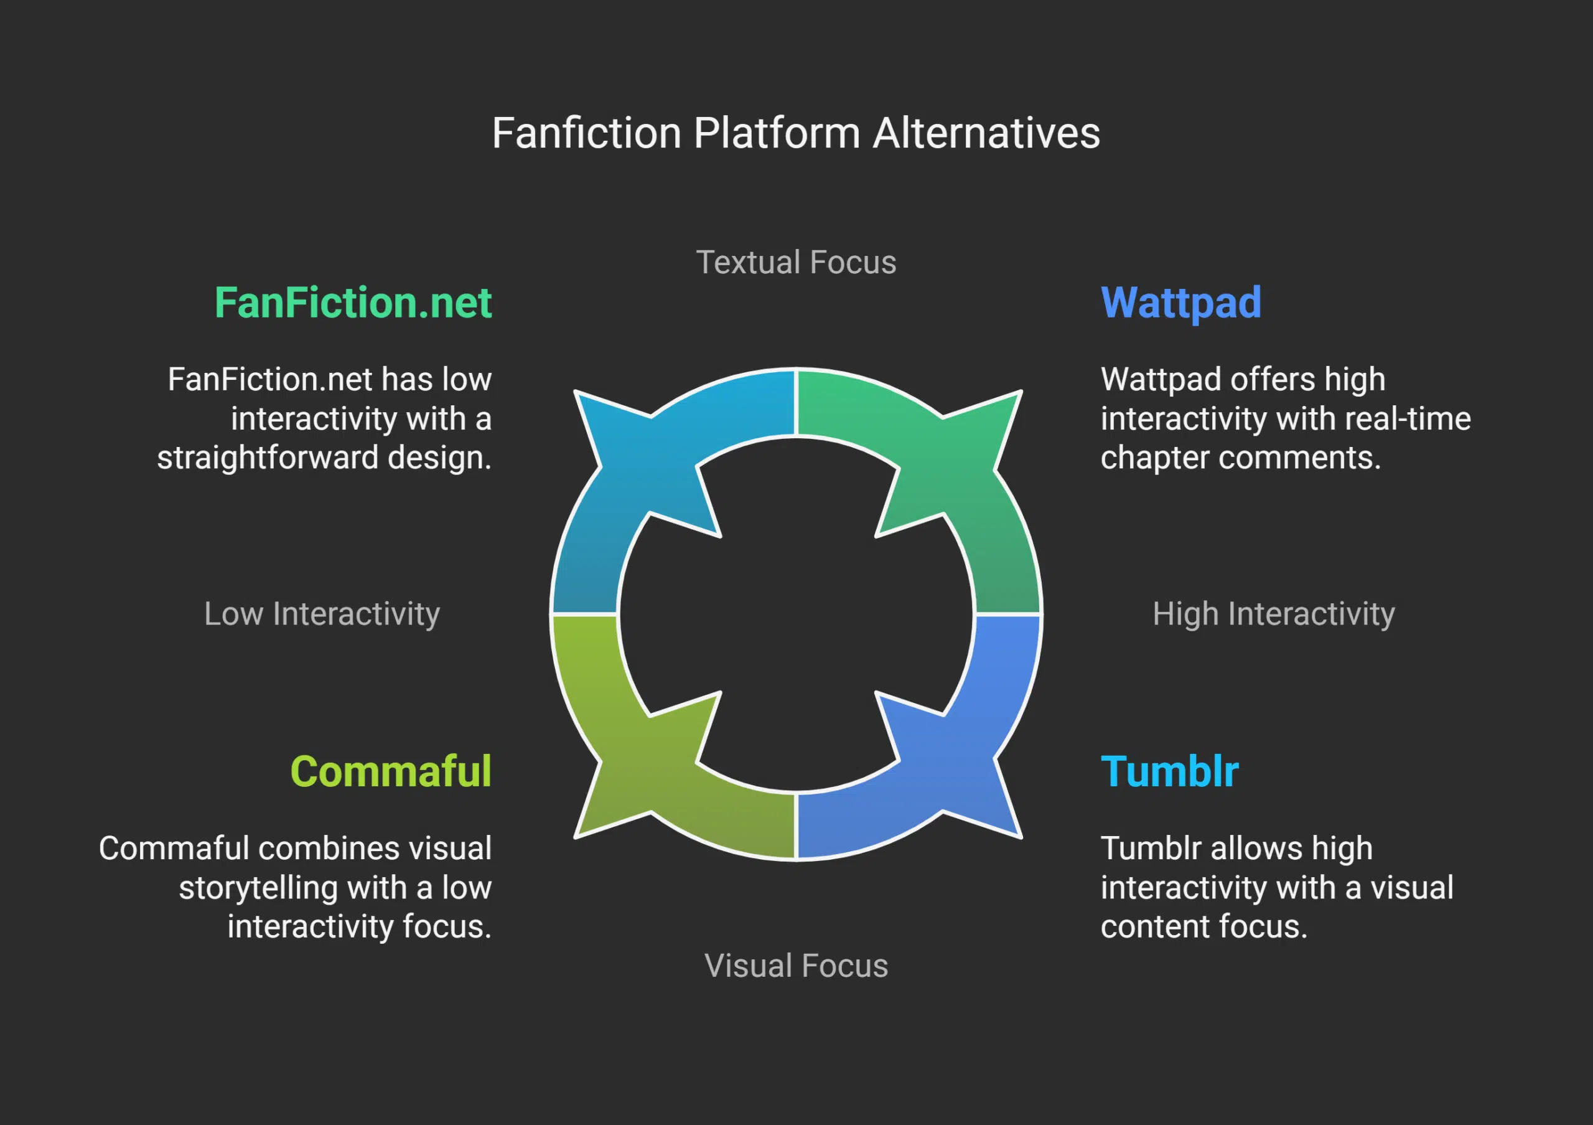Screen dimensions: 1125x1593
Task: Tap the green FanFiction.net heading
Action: click(353, 303)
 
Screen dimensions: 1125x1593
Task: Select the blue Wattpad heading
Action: click(1181, 303)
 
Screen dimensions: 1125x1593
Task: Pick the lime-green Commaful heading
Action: click(391, 772)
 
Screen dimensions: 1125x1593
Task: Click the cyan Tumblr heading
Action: click(1169, 772)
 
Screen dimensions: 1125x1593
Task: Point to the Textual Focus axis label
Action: click(796, 262)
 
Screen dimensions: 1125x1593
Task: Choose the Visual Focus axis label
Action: click(796, 966)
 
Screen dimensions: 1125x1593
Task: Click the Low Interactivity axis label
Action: click(322, 613)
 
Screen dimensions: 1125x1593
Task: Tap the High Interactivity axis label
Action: click(1273, 613)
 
